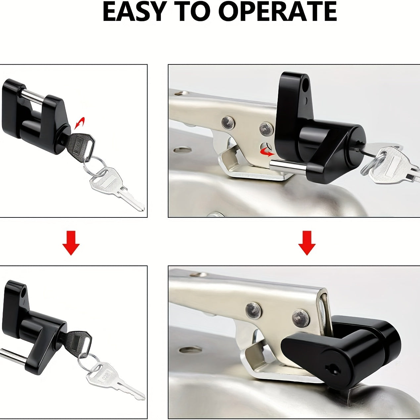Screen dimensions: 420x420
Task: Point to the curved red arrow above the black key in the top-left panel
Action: (x=79, y=123)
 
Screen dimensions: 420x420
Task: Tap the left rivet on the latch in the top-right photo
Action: (x=228, y=123)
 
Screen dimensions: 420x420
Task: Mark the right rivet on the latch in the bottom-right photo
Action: (x=301, y=317)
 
